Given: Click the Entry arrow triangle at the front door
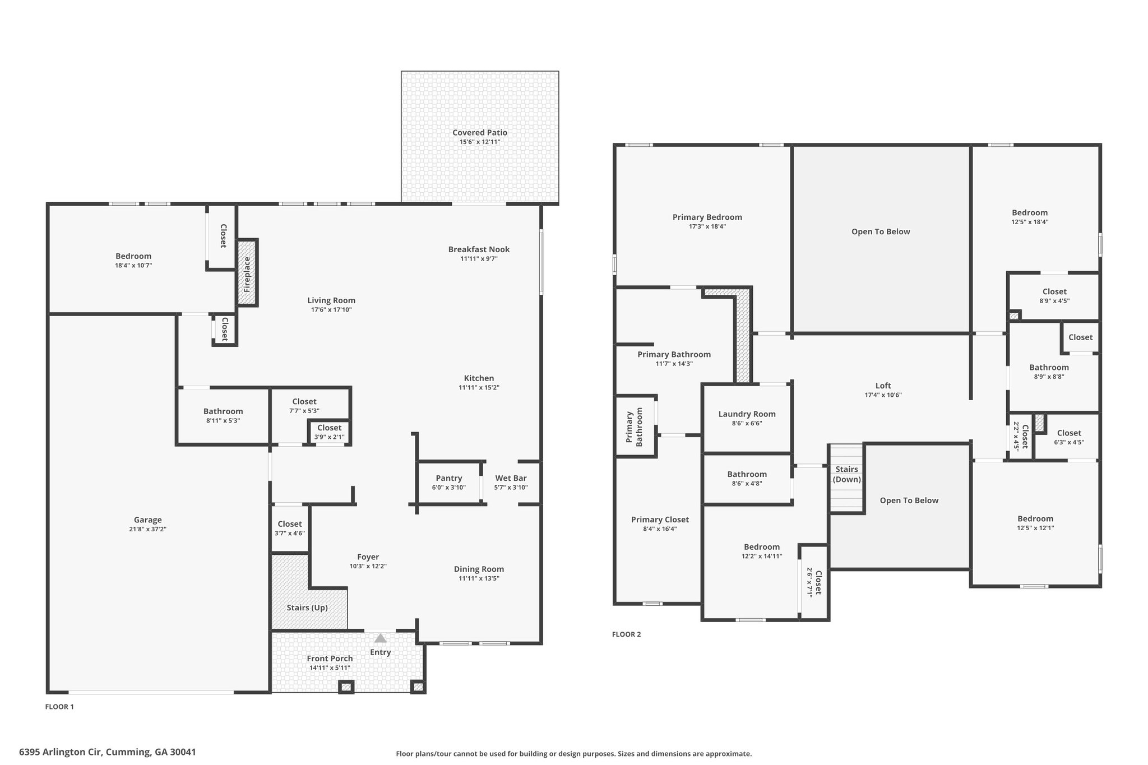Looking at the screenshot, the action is (381, 638).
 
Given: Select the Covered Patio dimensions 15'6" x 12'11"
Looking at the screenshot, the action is (480, 142).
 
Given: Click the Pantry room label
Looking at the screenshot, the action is (449, 478).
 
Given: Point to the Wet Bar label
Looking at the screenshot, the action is (511, 478).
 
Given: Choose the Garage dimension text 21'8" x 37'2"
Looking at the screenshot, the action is (147, 529).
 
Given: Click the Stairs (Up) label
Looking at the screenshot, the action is (307, 608).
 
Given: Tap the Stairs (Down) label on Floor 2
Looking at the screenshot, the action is (846, 474).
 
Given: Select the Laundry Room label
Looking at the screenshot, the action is (747, 414).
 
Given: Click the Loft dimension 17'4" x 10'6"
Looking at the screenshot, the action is (883, 395).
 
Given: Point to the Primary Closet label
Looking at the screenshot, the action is (660, 520).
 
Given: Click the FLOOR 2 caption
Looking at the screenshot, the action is (626, 634).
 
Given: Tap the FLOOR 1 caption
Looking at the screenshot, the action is (59, 707).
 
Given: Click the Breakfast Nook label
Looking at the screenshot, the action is (479, 249).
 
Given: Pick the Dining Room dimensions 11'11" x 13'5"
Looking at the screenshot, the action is (479, 578).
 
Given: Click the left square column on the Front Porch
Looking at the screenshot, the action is (346, 687).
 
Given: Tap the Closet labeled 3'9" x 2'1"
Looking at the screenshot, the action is (329, 432).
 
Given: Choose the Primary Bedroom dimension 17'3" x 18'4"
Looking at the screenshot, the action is (707, 226).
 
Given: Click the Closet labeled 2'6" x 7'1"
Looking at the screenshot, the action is (814, 583).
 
